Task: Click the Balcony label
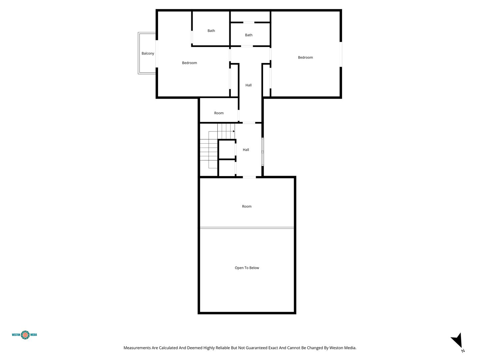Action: tap(148, 53)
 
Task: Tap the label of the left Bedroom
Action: tap(189, 63)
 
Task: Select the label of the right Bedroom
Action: tap(305, 57)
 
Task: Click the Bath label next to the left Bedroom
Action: tap(211, 31)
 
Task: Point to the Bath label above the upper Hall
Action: tap(248, 35)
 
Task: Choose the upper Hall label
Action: tap(248, 85)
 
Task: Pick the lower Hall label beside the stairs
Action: tap(246, 150)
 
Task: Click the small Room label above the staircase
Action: tap(219, 113)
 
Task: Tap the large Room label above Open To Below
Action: tap(246, 206)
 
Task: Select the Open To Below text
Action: tap(247, 268)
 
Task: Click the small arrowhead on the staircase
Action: tap(234, 131)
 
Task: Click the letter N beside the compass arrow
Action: tap(463, 351)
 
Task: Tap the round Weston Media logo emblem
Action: tap(25, 335)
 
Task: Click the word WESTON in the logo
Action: tap(16, 335)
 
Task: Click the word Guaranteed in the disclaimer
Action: tap(257, 348)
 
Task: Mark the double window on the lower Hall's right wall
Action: tap(263, 152)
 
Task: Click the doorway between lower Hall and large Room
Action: tap(249, 177)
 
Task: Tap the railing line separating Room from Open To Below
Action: tap(247, 228)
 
